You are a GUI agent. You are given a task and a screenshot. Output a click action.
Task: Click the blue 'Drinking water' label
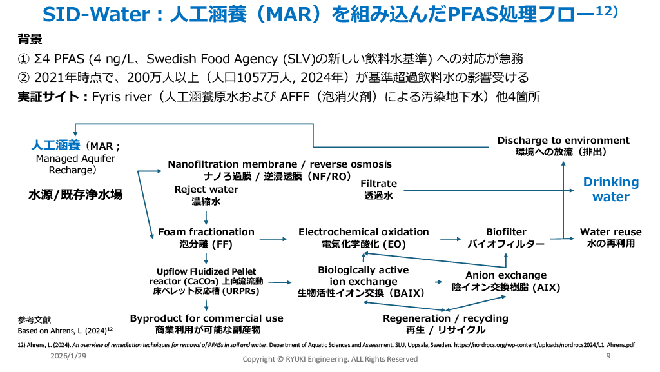click(610, 190)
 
